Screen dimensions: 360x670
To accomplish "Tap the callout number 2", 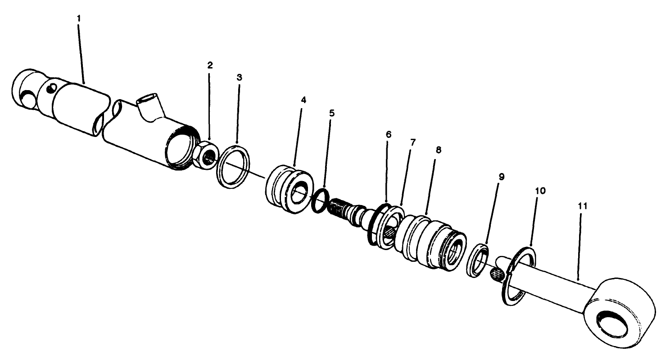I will click(x=210, y=65).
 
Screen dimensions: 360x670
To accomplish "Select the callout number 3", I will click(x=239, y=77).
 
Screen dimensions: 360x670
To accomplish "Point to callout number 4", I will click(x=303, y=100).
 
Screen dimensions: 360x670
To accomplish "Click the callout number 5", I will click(x=332, y=113).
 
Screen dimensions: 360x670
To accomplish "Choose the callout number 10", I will click(x=540, y=191).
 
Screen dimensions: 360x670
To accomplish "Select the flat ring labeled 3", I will click(x=233, y=165).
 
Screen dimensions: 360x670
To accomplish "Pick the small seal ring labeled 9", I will click(x=477, y=260).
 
